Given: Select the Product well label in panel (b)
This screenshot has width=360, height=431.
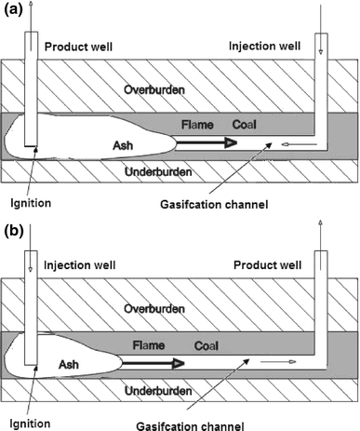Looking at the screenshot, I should [x=272, y=264].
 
